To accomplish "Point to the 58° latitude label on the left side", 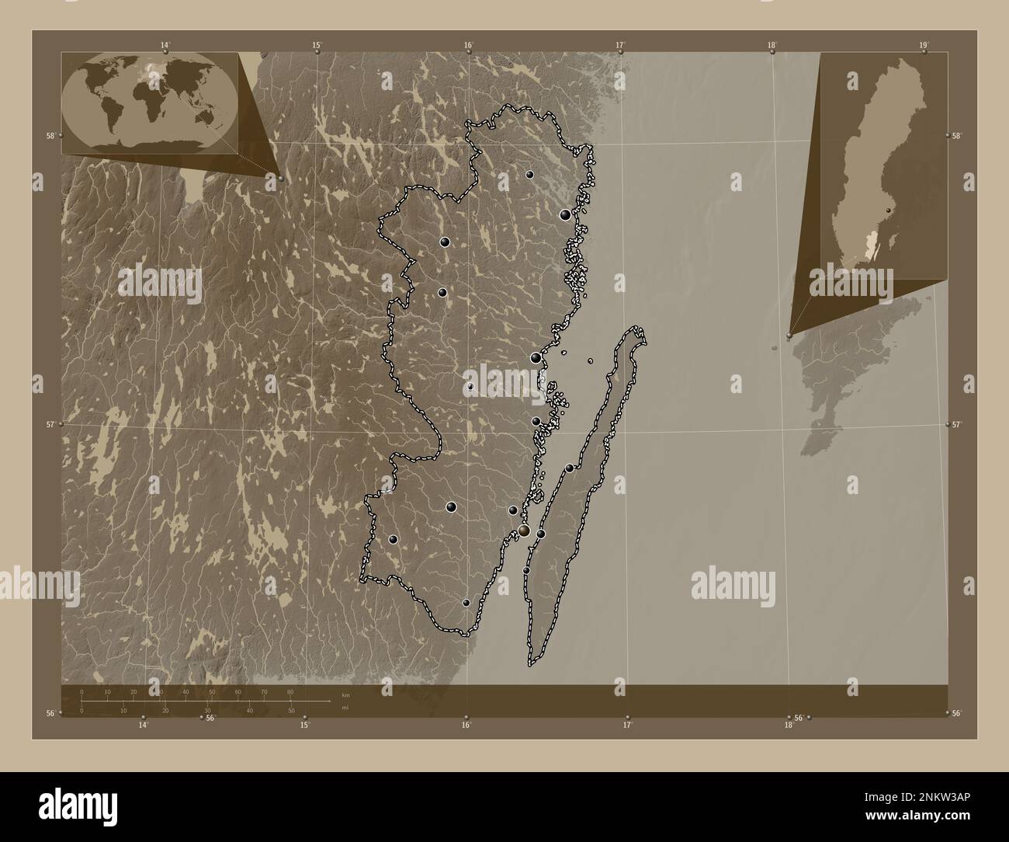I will point(50,135).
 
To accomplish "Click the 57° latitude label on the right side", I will point(957,424).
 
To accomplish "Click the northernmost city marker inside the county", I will point(529,175).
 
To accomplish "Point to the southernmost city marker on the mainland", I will point(466,603).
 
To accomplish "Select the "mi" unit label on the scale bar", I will point(345,708).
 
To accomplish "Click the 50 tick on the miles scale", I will point(291,710).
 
